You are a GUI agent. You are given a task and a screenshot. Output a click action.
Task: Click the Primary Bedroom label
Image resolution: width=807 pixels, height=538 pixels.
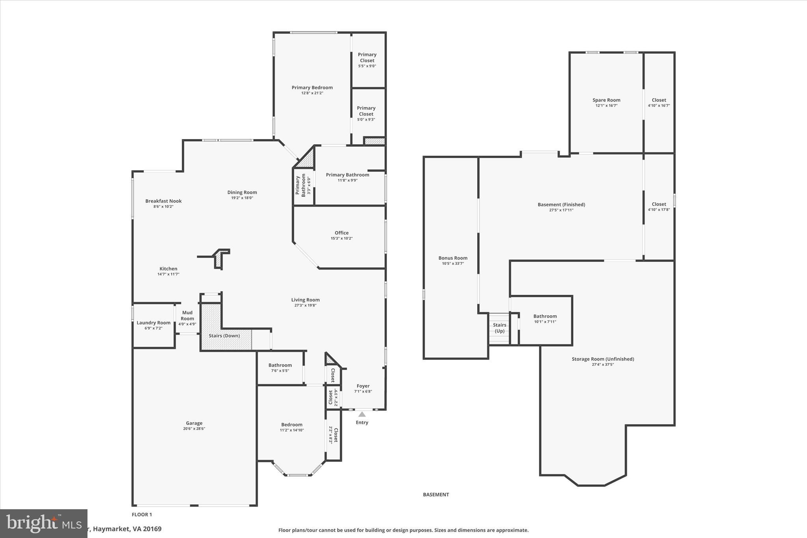point(312,87)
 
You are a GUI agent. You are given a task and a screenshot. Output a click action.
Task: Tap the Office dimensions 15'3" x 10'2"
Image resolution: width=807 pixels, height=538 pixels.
point(341,238)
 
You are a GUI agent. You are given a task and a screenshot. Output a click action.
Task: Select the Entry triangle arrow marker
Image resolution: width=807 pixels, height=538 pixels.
point(362,414)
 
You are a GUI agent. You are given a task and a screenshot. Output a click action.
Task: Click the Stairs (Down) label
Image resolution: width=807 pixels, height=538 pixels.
point(224,336)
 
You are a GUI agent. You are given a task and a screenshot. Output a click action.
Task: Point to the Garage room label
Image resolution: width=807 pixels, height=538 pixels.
point(194,423)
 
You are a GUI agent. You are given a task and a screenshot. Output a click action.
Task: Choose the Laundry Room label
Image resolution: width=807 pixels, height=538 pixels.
point(153,323)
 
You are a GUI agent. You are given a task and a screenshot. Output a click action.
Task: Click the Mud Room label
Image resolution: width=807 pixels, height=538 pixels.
point(187,315)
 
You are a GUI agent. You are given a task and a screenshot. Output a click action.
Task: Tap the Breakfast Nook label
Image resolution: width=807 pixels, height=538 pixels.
point(163,201)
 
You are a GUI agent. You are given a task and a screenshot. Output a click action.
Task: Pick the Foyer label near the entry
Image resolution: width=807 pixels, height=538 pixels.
point(363,386)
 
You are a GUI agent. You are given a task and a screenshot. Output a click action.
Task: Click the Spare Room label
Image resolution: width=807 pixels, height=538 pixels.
point(606,100)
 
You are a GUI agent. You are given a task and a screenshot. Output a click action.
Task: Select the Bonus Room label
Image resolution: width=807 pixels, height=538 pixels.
point(453,258)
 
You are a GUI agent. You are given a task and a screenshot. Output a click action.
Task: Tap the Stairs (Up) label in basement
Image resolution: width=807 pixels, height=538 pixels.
point(499,328)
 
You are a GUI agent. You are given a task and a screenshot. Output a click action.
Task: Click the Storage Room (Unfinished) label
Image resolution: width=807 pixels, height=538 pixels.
point(602,359)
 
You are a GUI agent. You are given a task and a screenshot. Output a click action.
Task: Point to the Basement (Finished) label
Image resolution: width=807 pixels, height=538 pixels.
point(561,205)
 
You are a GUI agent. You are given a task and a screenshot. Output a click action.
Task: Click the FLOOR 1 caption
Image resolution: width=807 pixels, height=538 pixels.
point(141,514)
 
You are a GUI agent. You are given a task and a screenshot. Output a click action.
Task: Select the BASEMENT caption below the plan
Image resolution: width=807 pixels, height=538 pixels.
point(436,495)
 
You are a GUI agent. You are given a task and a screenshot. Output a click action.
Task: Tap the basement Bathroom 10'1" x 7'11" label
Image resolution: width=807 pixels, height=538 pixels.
point(545,316)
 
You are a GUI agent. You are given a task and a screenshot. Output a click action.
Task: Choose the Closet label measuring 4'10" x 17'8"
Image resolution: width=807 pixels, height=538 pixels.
point(658,204)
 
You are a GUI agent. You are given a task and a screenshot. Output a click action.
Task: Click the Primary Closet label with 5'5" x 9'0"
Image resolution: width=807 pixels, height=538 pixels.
point(367,58)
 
